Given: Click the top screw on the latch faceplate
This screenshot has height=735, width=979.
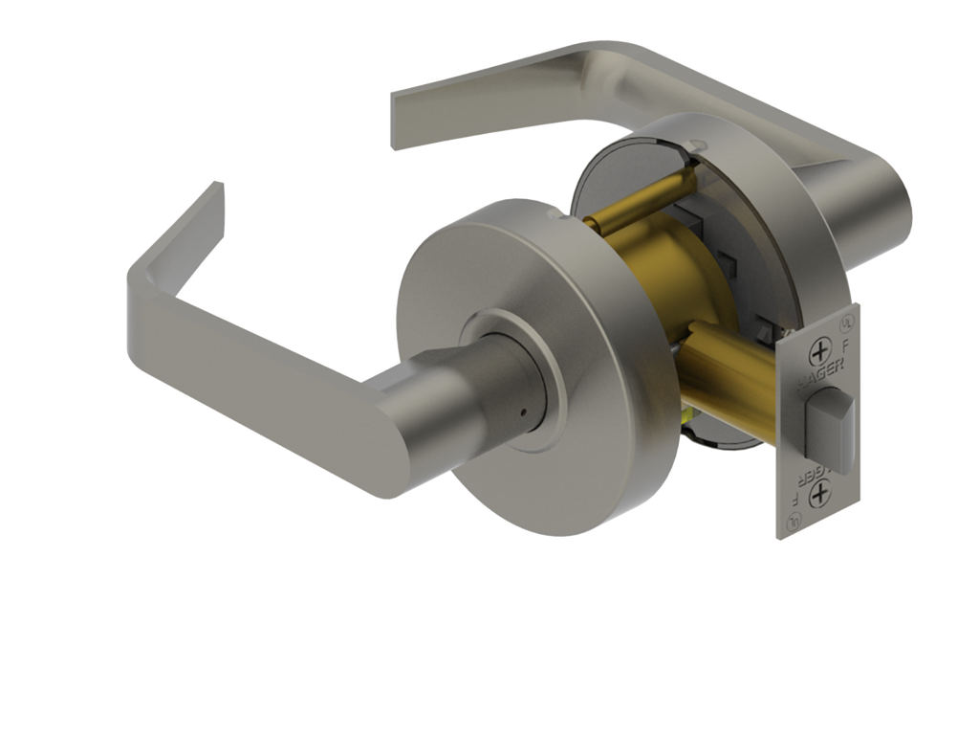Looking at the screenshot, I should click(819, 351).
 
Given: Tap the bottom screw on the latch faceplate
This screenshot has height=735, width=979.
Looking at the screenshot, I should click(819, 495).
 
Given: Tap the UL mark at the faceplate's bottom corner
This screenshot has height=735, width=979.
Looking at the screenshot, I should click(794, 523).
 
